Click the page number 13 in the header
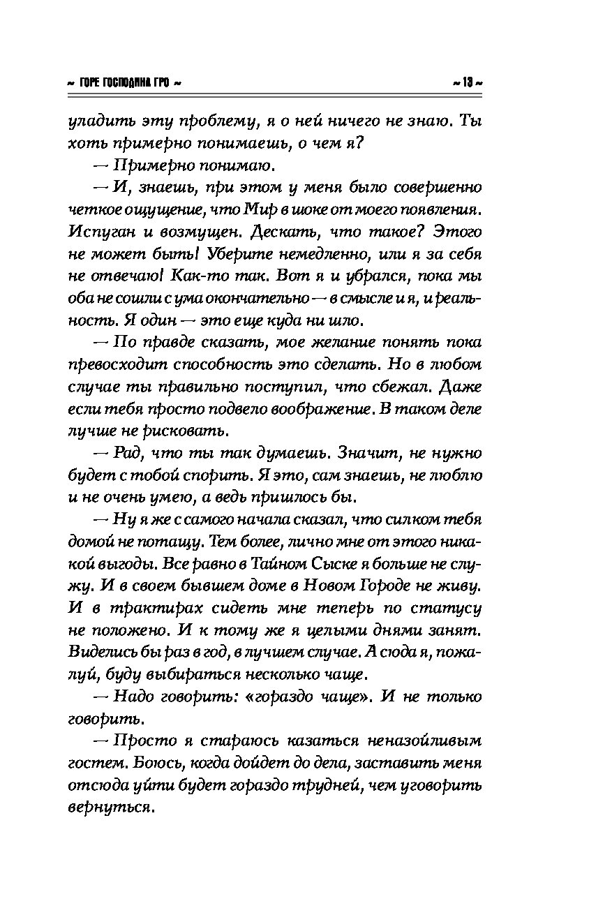(x=466, y=82)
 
